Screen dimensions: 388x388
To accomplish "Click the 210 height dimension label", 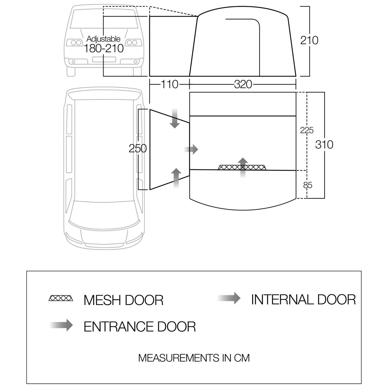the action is tap(309, 40).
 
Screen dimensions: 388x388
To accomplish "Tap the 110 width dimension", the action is tap(169, 84).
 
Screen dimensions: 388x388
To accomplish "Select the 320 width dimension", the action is tap(243, 84).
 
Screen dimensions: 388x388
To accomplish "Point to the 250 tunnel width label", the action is tap(137, 149).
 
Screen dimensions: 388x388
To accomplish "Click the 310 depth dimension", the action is tap(324, 145).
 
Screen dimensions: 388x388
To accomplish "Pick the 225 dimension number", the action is tap(307, 130).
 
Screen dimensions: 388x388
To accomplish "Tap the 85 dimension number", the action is tap(308, 185).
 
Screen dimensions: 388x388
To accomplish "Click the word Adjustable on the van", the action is tap(103, 39).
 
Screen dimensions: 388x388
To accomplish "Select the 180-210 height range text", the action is tap(103, 48).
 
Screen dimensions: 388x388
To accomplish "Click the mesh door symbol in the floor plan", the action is tap(242, 167).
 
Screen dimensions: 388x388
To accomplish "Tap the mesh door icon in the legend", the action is tap(61, 298).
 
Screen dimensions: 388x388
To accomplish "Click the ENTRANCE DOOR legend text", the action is tap(140, 327).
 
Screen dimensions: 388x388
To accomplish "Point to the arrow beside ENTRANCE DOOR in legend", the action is tap(61, 325).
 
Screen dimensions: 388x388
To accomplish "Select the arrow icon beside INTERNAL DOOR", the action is tap(229, 298).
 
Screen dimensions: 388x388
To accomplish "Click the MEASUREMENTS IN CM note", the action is tap(194, 358).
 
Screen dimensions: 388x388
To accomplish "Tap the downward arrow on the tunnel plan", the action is tap(174, 118).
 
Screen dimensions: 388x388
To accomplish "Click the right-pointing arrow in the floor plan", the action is tap(191, 149).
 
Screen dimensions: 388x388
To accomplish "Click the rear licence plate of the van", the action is tap(104, 59).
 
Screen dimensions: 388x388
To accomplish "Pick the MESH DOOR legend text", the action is tap(123, 300).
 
